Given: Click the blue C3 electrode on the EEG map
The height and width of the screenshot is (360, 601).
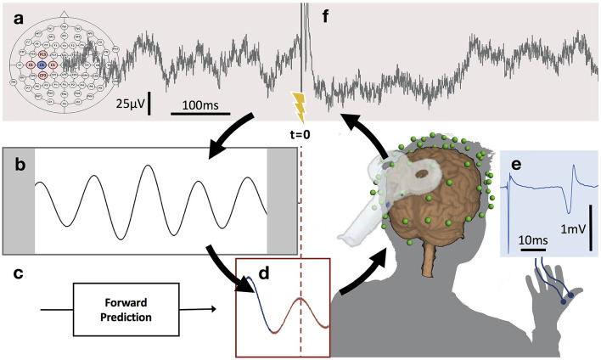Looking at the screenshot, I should coord(53,64).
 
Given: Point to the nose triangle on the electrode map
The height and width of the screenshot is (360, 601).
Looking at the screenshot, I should coord(65,14).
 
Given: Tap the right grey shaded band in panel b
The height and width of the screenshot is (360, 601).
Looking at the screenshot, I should coord(282,201).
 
